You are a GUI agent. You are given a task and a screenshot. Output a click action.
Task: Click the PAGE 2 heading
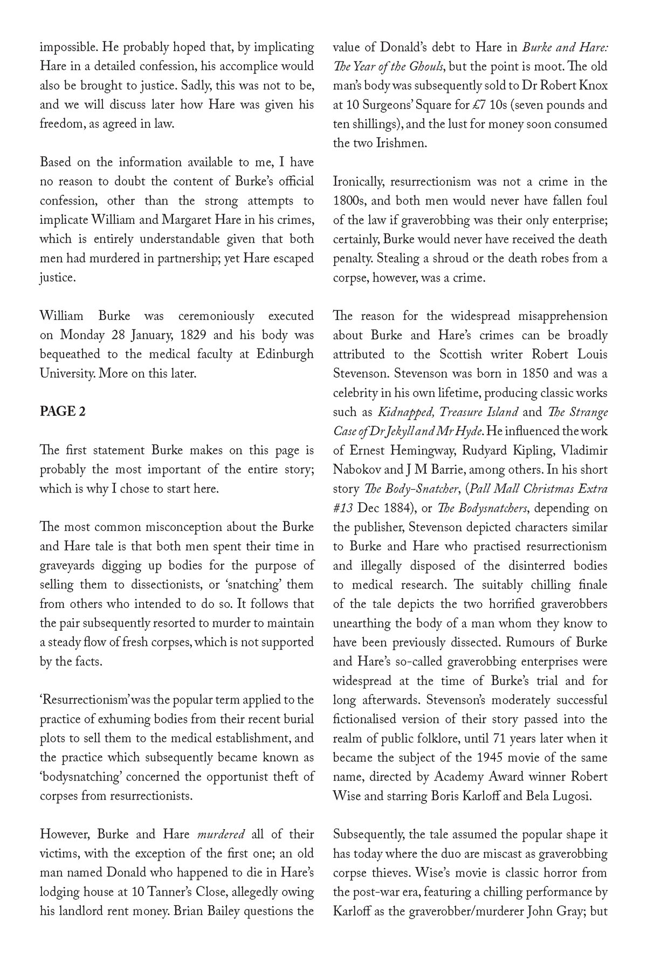pyautogui.click(x=63, y=412)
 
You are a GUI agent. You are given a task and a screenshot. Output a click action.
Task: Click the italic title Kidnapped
pyautogui.click(x=405, y=412)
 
